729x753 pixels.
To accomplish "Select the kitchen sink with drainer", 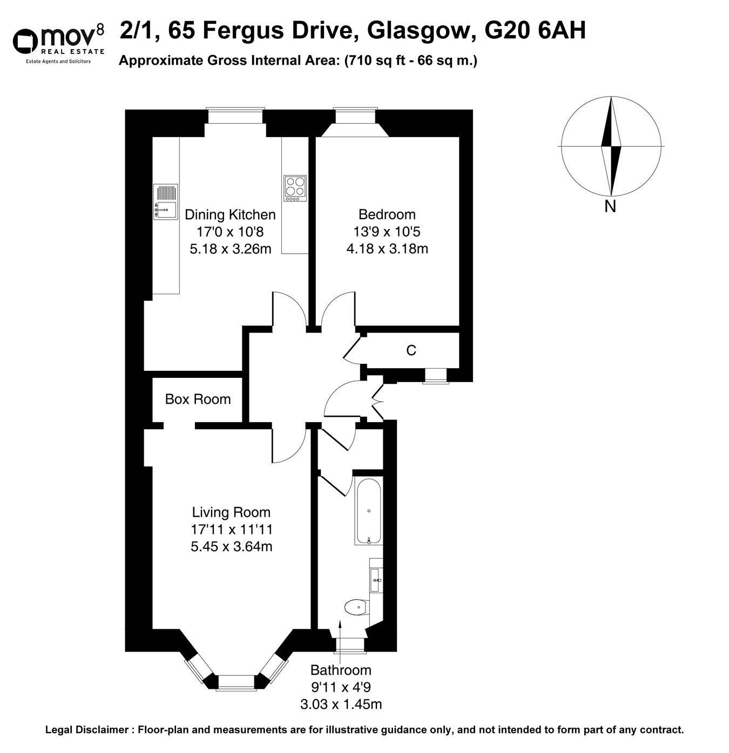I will pyautogui.click(x=166, y=201).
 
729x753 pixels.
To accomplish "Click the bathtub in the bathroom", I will pyautogui.click(x=369, y=511).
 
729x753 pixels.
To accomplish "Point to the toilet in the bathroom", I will pyautogui.click(x=357, y=607).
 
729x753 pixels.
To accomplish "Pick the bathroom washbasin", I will pyautogui.click(x=376, y=580).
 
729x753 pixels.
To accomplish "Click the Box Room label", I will pyautogui.click(x=198, y=399).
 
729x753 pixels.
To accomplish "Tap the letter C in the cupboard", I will pyautogui.click(x=411, y=351).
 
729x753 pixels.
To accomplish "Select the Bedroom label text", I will pyautogui.click(x=387, y=214).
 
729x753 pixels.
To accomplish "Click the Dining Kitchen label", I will pyautogui.click(x=230, y=214).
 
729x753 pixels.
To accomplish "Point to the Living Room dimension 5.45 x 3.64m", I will pyautogui.click(x=231, y=547).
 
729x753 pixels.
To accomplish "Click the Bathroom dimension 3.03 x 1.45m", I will pyautogui.click(x=341, y=704).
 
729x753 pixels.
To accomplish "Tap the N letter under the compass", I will pyautogui.click(x=610, y=207).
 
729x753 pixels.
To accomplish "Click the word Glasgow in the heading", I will pyautogui.click(x=418, y=31).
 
